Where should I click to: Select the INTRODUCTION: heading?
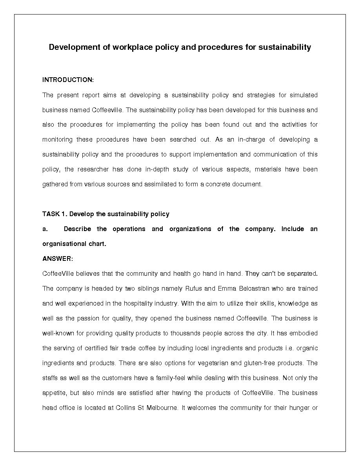tap(68, 80)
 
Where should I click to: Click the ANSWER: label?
tap(58, 259)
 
